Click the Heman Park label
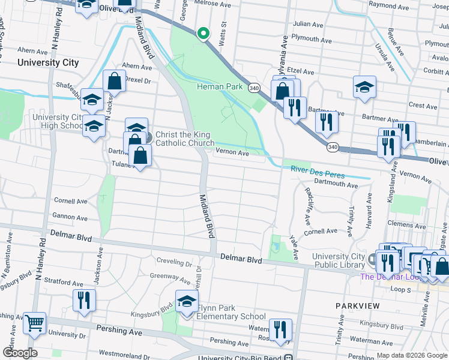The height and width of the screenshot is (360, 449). [x=220, y=86]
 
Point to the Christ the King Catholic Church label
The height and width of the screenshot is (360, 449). [x=184, y=139]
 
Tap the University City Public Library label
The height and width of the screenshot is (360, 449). [x=338, y=260]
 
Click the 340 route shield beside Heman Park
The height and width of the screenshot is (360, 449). [x=254, y=87]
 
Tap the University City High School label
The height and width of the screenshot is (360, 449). [x=58, y=122]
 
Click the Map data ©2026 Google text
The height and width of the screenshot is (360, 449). [x=412, y=355]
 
